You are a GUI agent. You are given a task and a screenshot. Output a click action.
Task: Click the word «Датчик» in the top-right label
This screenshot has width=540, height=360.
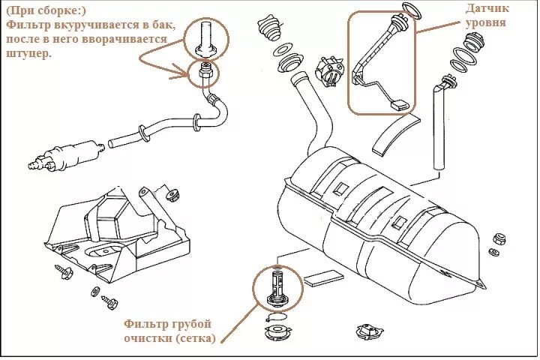coord(487,9)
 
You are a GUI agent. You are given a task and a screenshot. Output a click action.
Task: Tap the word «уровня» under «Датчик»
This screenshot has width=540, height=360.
coord(485,23)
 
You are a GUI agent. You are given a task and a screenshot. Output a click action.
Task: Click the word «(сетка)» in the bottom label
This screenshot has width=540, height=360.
coord(196,338)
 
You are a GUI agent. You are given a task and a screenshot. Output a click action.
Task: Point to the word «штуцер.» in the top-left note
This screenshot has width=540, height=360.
coord(29,54)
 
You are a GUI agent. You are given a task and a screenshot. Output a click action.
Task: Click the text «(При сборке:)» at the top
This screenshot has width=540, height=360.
coord(46,10)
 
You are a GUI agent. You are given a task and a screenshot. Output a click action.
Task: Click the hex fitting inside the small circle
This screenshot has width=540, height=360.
coord(205,72)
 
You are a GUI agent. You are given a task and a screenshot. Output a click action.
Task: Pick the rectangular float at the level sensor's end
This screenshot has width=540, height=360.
coord(398,103)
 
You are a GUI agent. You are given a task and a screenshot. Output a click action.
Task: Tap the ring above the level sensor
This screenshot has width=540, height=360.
coord(412,11)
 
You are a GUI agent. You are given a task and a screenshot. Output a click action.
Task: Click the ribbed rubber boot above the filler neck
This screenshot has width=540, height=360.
coord(271,29)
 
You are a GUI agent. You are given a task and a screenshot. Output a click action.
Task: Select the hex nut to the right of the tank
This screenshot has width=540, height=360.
coord(499,238)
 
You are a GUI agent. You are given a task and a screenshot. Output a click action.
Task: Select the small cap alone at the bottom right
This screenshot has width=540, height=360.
coord(369,331)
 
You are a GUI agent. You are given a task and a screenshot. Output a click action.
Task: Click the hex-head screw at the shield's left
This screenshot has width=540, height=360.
coord(63,272)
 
